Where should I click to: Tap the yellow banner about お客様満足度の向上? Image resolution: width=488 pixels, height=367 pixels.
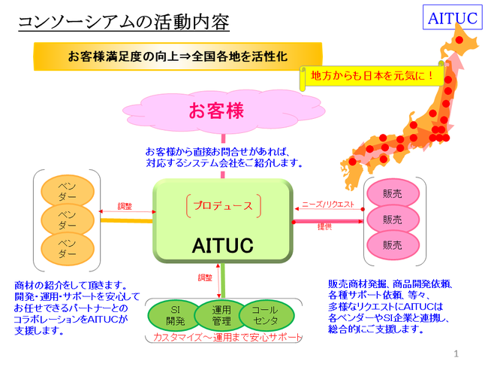(178, 56)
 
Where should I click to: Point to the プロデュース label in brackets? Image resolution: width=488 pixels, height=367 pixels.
(221, 205)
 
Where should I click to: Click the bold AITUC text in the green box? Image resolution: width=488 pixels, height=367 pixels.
(222, 244)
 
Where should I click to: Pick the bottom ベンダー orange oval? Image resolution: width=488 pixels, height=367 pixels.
(67, 249)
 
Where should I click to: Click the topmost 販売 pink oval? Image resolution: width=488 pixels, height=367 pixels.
(392, 193)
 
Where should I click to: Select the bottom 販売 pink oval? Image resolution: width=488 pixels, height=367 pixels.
(392, 245)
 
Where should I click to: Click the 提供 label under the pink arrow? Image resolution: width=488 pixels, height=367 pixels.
(324, 226)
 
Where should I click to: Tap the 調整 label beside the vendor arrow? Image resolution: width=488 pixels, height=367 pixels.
(125, 206)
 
